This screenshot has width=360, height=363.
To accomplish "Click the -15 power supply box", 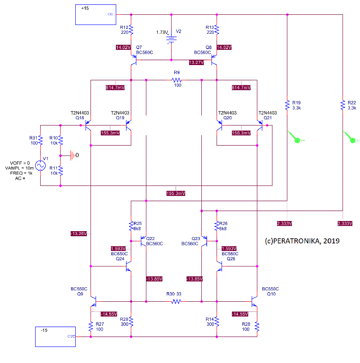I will tap(55, 337).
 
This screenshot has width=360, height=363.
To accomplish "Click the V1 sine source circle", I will tap(40, 165).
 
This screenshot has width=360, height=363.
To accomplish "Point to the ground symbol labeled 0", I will tap(73, 155).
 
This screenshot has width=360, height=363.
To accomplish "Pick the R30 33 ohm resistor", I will tap(176, 301).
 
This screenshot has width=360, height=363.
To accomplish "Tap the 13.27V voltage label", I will tap(196, 62).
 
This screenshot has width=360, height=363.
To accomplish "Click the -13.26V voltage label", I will tap(79, 233).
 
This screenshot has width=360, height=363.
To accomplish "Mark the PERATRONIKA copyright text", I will tap(302, 240).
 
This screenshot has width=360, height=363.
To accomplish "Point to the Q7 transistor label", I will tap(139, 47).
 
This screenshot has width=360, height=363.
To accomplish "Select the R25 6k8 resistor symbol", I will tap(132, 226).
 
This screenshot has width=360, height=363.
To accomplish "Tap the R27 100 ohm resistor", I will tap(91, 326).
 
